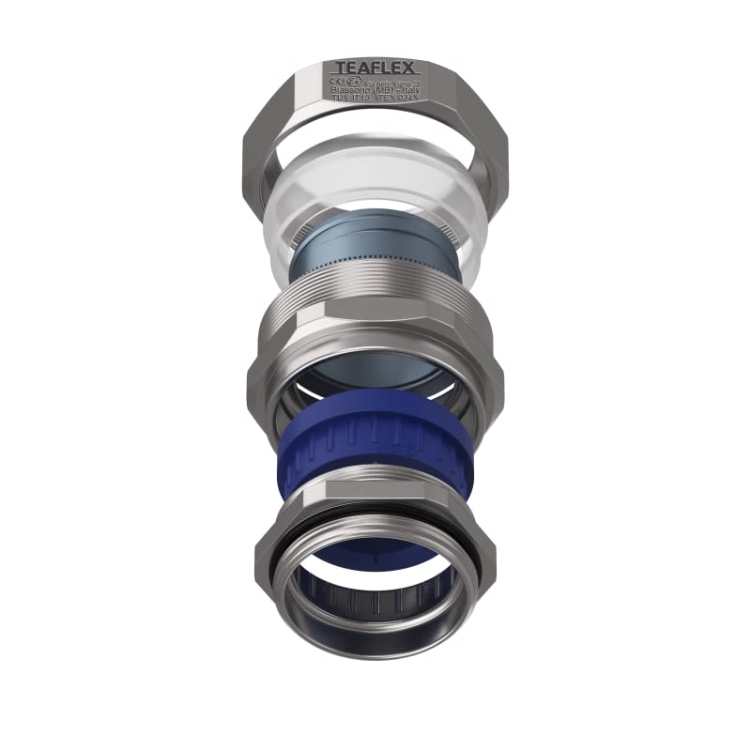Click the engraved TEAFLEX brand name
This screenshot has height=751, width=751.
(x=376, y=69)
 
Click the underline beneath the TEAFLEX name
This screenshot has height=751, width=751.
(x=376, y=76)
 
